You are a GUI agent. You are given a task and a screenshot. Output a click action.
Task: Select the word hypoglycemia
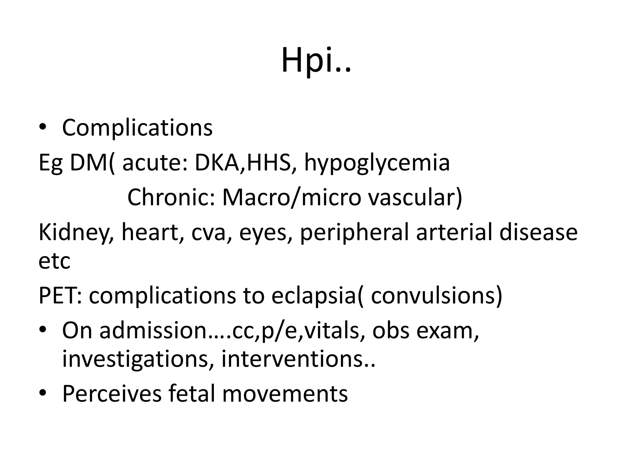(x=377, y=163)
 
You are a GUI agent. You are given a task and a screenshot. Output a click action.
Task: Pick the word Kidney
(x=75, y=233)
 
